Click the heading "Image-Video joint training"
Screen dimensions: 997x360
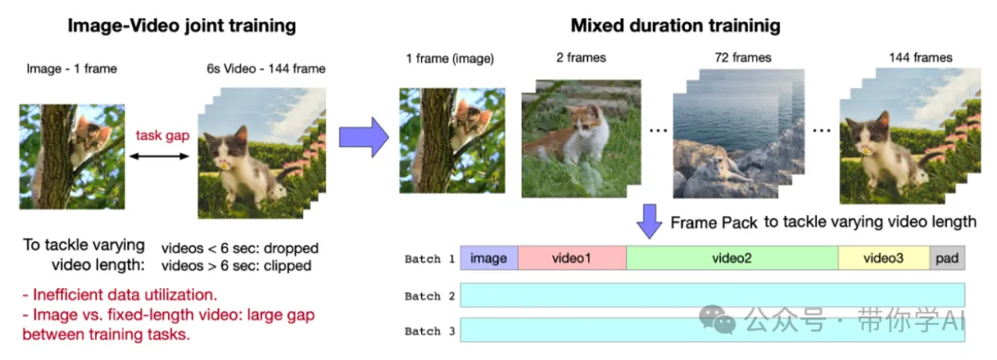tap(181, 26)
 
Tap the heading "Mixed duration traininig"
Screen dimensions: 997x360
tap(675, 26)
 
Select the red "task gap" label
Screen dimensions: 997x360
tap(162, 136)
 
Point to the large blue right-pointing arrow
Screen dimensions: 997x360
tap(363, 136)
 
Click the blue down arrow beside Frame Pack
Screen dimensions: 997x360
tap(650, 222)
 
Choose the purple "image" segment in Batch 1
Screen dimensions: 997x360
tap(489, 258)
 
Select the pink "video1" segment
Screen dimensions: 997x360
tap(572, 258)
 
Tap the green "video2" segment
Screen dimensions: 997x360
tap(732, 258)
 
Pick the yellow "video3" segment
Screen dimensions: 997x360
tap(883, 258)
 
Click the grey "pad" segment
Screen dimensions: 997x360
tap(947, 258)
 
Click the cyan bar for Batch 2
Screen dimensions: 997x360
tap(713, 295)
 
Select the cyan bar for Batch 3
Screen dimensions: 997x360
tap(713, 330)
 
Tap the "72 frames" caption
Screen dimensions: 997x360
tap(742, 58)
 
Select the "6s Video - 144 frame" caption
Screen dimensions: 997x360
tap(266, 68)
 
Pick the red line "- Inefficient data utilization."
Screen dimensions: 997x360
tap(119, 295)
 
